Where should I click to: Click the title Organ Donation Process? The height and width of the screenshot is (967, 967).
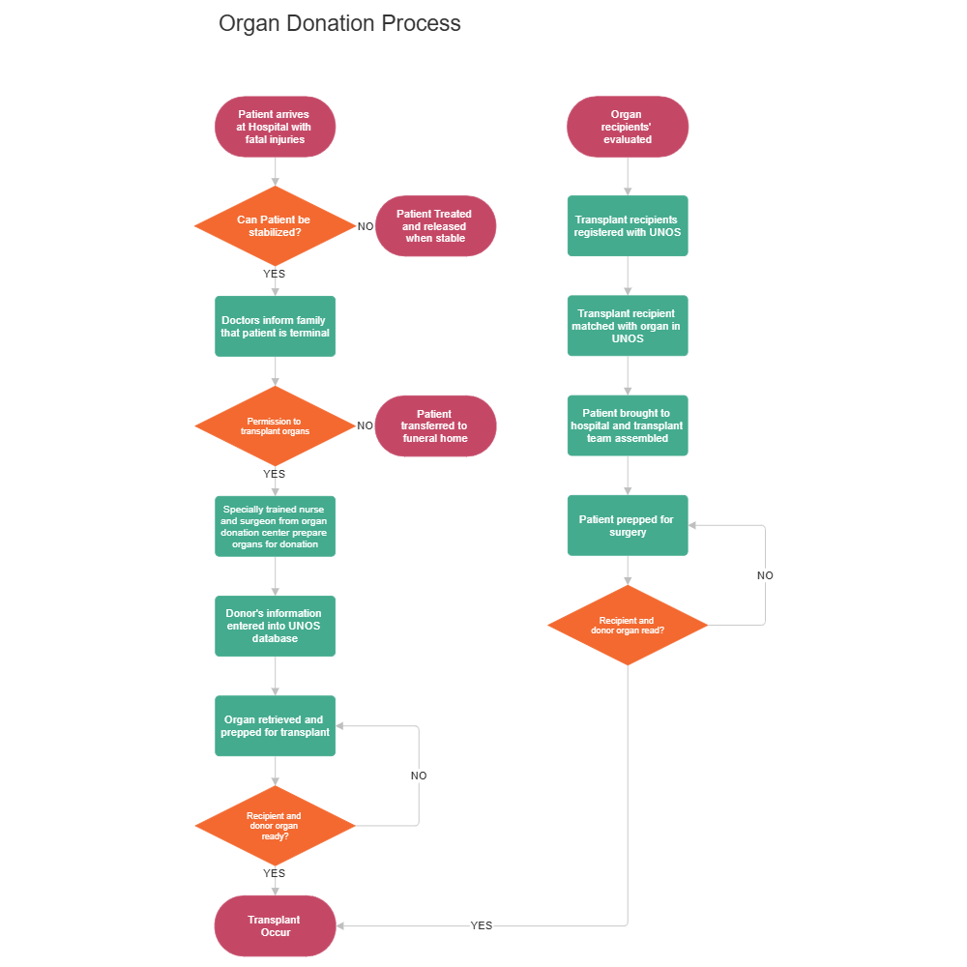(339, 23)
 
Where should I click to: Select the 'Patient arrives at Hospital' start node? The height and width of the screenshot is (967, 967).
(275, 127)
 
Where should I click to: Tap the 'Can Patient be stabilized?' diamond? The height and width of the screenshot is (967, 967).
(275, 226)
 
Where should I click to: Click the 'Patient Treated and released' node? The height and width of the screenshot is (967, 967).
(435, 226)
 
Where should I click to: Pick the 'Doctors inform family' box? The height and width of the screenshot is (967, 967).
(275, 327)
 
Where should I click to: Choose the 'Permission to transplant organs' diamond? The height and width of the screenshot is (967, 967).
(275, 425)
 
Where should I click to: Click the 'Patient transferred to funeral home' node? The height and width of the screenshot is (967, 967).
(435, 425)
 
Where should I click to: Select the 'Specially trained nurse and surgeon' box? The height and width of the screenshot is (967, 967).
(275, 526)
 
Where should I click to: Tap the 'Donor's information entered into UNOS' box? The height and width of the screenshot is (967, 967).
(275, 626)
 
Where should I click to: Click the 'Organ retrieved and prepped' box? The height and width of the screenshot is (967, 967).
(275, 726)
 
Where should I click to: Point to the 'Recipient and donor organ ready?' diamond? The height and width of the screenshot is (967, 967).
(275, 826)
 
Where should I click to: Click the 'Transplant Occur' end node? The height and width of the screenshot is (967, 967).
(275, 925)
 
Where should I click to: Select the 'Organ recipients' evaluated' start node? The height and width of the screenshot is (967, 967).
(628, 127)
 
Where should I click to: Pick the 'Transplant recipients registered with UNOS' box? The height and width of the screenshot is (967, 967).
(628, 226)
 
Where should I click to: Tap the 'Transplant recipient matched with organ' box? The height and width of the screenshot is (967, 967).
(628, 327)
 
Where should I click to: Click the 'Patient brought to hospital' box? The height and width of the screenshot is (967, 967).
(628, 425)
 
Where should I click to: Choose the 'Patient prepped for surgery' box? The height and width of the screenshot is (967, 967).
(628, 526)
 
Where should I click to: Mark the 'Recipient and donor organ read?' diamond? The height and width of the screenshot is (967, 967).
(628, 626)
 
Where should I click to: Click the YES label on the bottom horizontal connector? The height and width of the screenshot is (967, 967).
(482, 925)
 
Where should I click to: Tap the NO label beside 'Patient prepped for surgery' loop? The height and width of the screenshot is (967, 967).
(765, 575)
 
